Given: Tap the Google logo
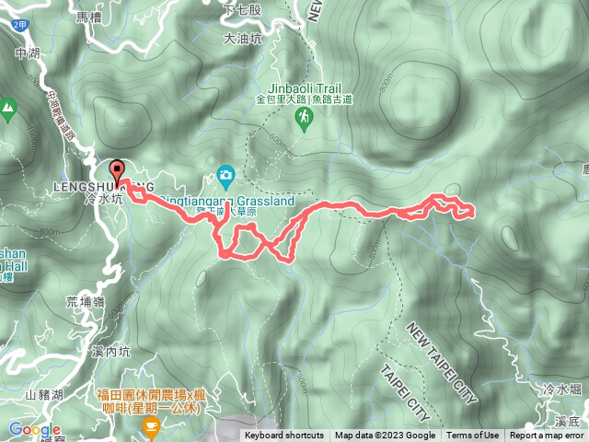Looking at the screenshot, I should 34,430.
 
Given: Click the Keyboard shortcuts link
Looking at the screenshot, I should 284,436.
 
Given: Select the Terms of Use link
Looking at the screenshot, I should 473,436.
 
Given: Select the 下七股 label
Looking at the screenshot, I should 243,8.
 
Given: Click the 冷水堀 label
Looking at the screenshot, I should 562,390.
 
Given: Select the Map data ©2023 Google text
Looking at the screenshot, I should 385,436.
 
